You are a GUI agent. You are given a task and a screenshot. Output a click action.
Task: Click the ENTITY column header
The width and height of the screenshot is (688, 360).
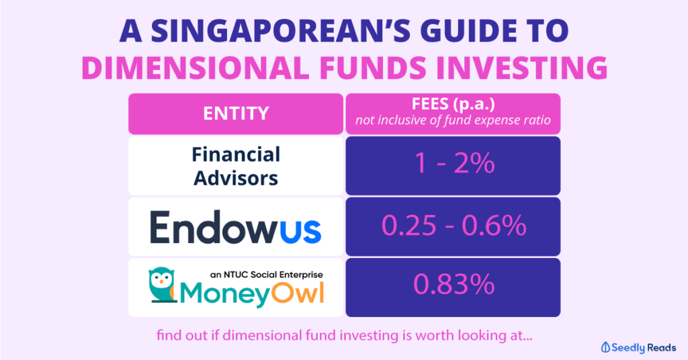click(236, 114)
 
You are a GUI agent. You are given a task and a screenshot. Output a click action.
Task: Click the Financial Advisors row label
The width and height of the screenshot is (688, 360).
click(236, 165)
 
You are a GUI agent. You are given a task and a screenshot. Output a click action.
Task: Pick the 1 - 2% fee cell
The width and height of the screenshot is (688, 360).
click(454, 165)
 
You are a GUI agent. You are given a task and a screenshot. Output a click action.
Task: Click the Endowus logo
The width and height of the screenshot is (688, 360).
click(236, 226)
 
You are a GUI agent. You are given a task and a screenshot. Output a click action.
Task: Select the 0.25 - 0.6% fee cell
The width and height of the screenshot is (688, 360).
click(454, 226)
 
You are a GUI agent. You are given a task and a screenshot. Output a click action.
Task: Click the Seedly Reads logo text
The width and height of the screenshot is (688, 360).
click(646, 347)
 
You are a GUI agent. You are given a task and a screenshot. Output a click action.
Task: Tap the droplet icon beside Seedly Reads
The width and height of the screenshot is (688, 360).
click(607, 347)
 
